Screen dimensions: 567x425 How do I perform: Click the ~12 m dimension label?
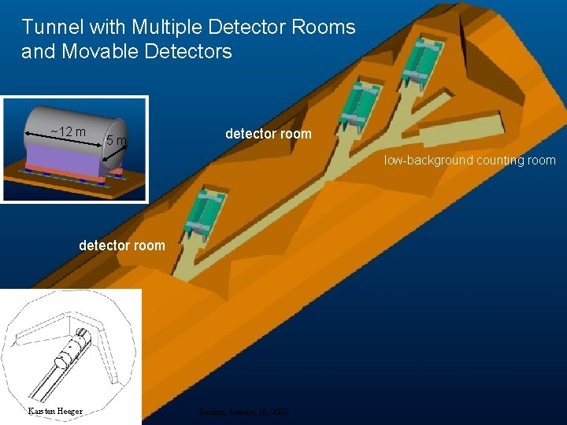point(68,131)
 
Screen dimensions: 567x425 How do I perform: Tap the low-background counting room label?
point(469,161)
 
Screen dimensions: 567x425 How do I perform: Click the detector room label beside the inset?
point(268,134)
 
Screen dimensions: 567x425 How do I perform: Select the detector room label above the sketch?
point(122,246)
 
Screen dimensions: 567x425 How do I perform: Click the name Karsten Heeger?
point(55,411)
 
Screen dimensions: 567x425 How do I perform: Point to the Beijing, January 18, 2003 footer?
point(243,411)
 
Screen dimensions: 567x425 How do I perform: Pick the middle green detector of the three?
point(358,106)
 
